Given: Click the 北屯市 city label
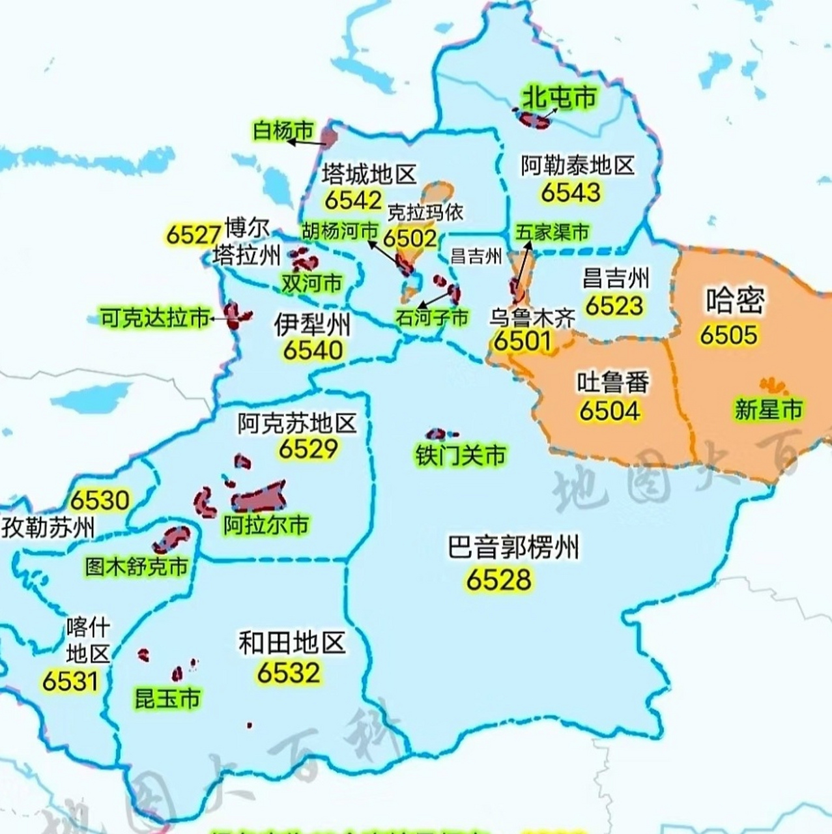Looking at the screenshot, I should point(560,98).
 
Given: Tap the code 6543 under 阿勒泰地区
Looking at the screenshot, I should point(571,192).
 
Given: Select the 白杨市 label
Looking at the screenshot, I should point(283,131).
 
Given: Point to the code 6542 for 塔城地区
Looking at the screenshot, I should point(353,200).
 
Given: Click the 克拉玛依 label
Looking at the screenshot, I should point(425,212).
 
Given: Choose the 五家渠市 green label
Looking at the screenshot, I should point(552,232).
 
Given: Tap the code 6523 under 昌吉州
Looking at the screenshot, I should point(614,306).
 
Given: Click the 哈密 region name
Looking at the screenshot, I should point(735,300).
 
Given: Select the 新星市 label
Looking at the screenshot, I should point(768,409).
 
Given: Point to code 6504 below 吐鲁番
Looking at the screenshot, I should point(609,410).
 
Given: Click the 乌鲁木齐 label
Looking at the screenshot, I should point(532,318).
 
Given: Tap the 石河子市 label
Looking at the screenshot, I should point(432,317).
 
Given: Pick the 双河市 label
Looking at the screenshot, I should point(311,283).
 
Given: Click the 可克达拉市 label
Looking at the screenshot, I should point(155,318).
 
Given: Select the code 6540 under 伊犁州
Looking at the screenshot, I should point(313,351).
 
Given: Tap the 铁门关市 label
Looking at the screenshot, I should point(461,455).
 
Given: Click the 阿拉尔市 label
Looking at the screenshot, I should point(266,525).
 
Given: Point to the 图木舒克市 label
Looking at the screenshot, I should point(137,566).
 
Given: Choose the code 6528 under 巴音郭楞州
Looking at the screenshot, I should point(499,579).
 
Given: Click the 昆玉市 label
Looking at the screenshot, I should point(167,698).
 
